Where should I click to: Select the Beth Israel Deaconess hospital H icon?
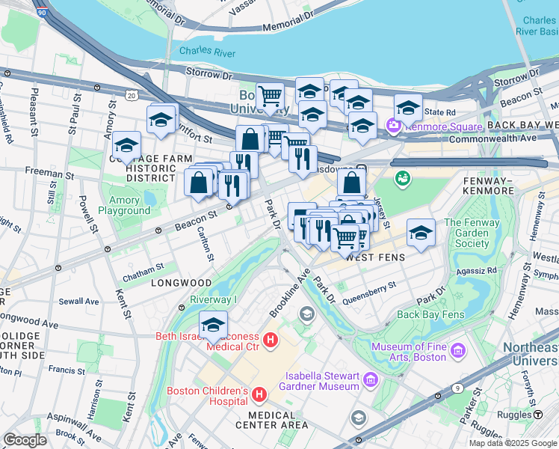click(x=271, y=341)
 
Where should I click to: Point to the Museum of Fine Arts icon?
click(x=458, y=350)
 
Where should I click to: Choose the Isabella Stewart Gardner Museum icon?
click(x=369, y=382)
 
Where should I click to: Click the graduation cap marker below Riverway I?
click(x=213, y=326)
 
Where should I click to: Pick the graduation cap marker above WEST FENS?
click(x=421, y=233)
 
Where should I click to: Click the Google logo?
click(x=25, y=440)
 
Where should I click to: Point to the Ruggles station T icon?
click(x=537, y=414)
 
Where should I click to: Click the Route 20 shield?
click(x=132, y=96)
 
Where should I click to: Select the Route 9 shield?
click(x=457, y=389)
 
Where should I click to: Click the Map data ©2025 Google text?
click(x=513, y=442)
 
